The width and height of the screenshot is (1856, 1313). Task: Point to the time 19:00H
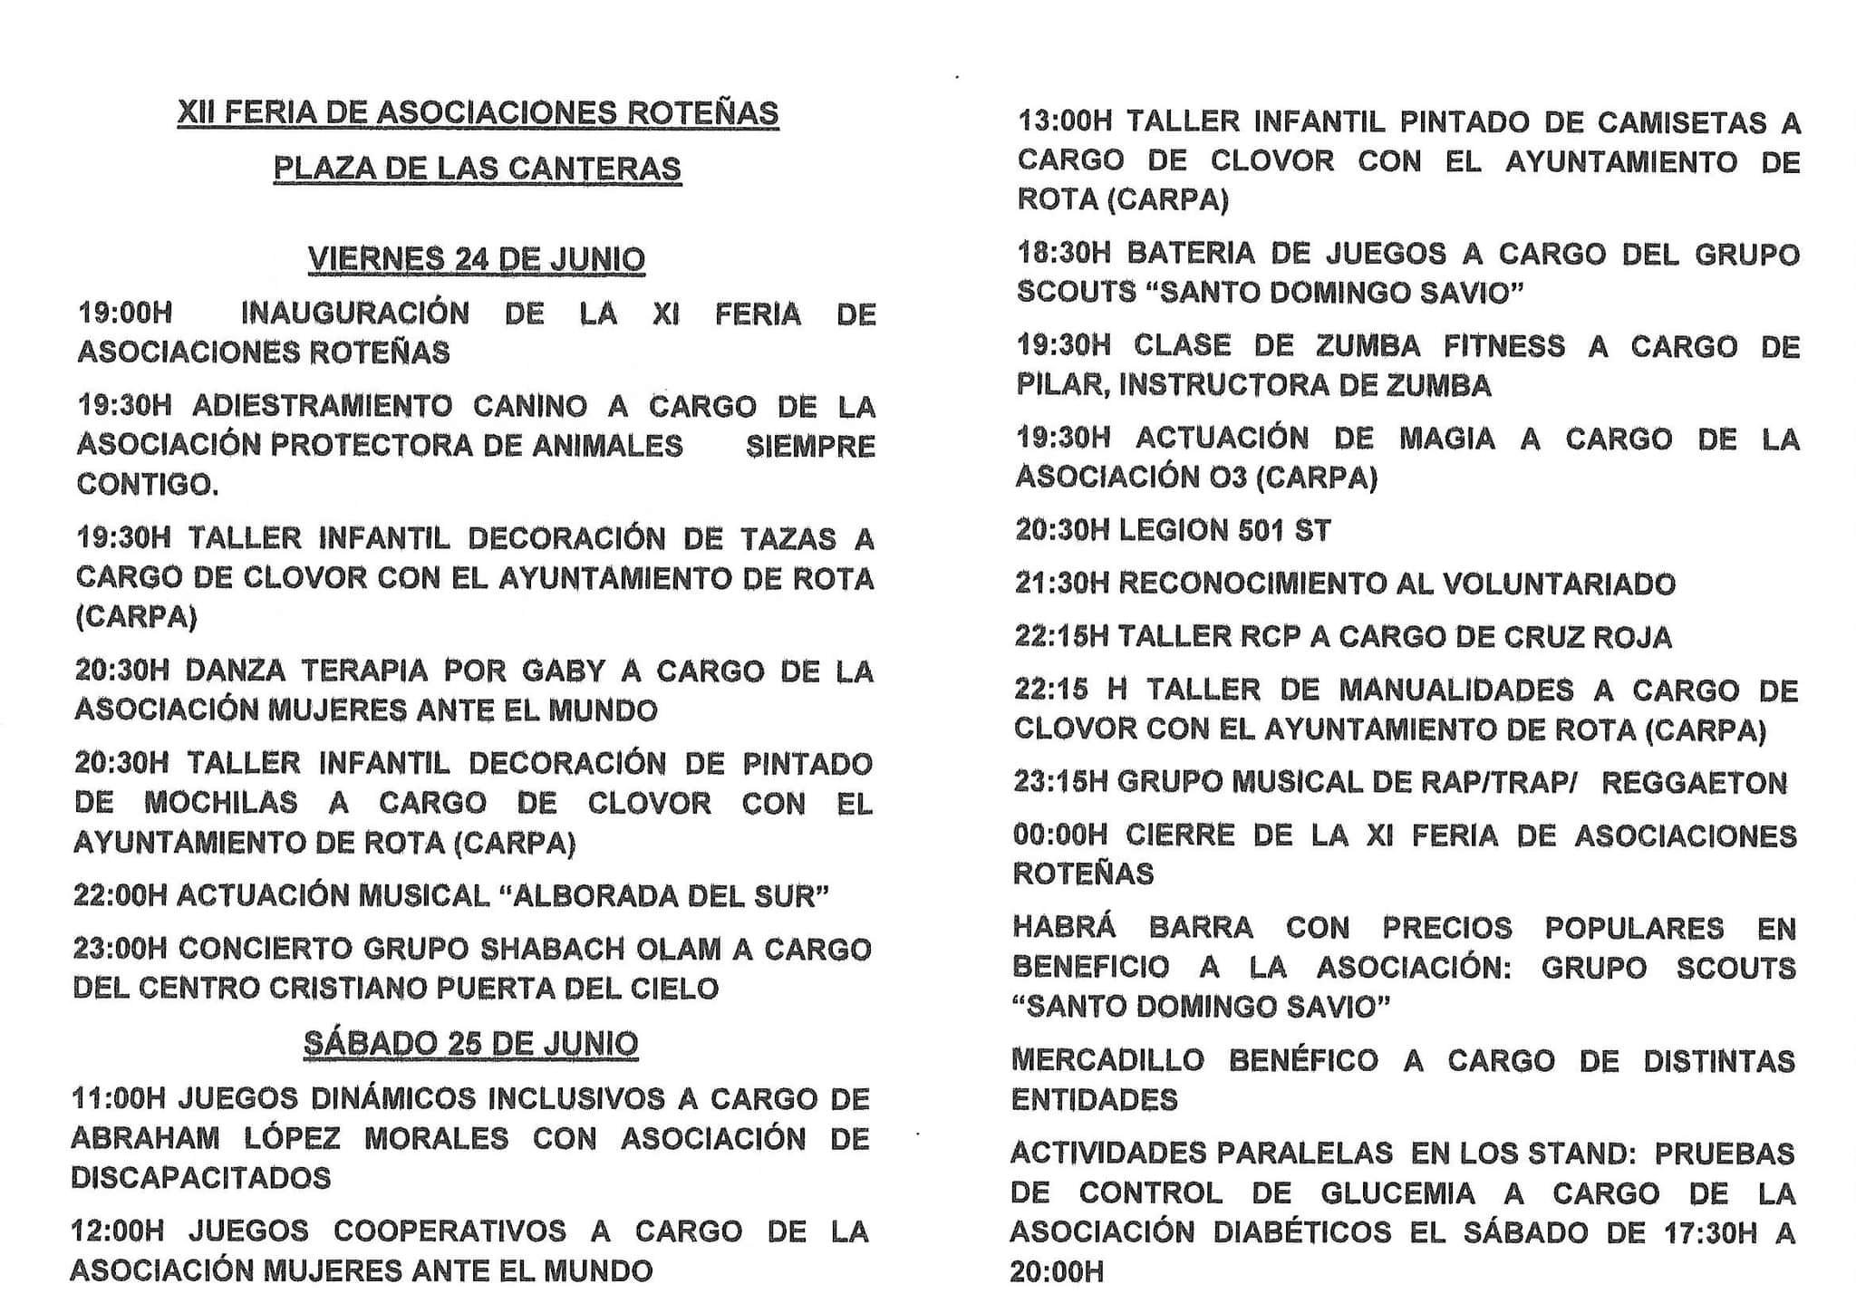coord(124,314)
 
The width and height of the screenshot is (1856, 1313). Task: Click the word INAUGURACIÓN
coord(354,314)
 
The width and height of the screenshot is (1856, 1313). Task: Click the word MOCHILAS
coord(220,803)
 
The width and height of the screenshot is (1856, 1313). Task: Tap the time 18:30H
coord(1062,254)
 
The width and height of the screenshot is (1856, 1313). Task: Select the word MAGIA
coord(1446,439)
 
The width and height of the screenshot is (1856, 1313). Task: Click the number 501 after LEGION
coord(1253,531)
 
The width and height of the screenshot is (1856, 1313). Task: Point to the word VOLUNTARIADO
coord(1559,584)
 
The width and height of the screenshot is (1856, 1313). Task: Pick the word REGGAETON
coord(1694,783)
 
